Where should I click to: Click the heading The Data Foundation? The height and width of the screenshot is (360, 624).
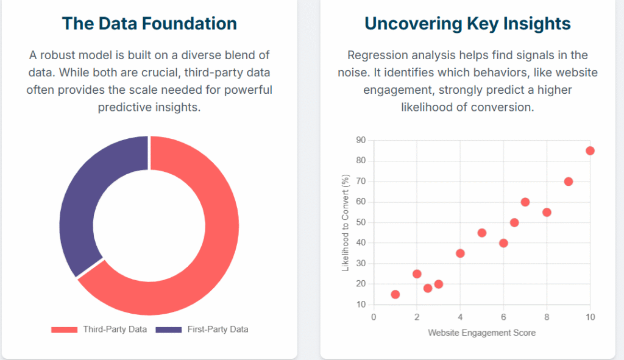click(149, 24)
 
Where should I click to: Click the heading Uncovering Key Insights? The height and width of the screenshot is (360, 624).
click(467, 24)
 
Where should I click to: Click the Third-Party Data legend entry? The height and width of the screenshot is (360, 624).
click(99, 330)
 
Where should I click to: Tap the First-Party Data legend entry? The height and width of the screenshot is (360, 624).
click(202, 330)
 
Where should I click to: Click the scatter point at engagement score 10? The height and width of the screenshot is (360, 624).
click(590, 151)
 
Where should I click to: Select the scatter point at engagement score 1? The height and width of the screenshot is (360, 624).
click(395, 294)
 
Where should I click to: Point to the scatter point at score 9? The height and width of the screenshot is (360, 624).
click(569, 182)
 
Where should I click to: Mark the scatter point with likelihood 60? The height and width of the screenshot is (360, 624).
click(525, 202)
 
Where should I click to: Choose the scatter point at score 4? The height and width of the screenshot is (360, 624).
click(460, 253)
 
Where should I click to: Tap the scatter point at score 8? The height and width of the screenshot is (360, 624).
click(547, 213)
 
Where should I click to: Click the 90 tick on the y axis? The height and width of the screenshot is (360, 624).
click(361, 140)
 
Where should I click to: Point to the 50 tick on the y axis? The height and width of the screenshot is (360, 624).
click(361, 222)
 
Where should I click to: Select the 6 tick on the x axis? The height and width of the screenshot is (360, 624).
click(503, 317)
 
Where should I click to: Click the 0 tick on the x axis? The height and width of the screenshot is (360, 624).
click(374, 317)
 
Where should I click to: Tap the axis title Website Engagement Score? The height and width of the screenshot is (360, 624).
click(481, 333)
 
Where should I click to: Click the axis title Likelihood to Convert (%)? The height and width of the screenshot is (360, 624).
click(346, 222)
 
